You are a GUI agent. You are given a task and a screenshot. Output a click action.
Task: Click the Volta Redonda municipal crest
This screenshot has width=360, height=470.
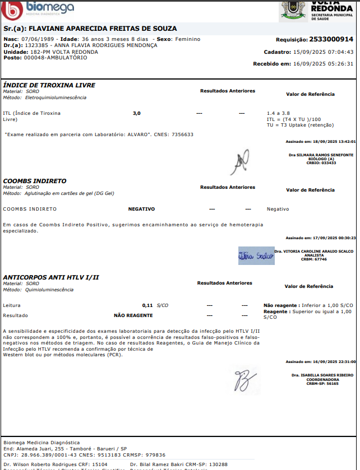(x=293, y=10)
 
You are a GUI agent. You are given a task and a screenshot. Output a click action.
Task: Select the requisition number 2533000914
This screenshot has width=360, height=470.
(x=331, y=40)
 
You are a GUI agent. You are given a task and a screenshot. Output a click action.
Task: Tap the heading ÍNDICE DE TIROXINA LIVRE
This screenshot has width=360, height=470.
(x=49, y=85)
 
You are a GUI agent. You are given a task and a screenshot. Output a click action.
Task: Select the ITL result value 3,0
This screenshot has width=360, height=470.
(x=137, y=113)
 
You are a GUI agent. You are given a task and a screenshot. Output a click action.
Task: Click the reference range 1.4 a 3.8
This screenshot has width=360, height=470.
(x=279, y=113)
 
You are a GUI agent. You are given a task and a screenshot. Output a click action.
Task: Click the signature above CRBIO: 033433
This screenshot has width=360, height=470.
(x=240, y=162)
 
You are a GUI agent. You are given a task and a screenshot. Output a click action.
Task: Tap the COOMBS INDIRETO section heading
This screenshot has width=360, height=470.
(x=35, y=181)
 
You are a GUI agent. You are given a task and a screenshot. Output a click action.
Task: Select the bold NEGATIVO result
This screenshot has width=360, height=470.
(x=141, y=209)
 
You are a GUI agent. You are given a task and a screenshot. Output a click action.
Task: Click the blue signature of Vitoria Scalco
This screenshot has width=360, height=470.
(x=256, y=255)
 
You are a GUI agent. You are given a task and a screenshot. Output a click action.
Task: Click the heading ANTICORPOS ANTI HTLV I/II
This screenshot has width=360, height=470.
(x=51, y=277)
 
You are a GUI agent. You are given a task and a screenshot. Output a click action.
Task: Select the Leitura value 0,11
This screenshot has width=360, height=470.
(x=147, y=305)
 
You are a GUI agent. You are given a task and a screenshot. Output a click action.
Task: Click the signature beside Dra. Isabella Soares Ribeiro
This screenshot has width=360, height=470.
(x=244, y=380)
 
